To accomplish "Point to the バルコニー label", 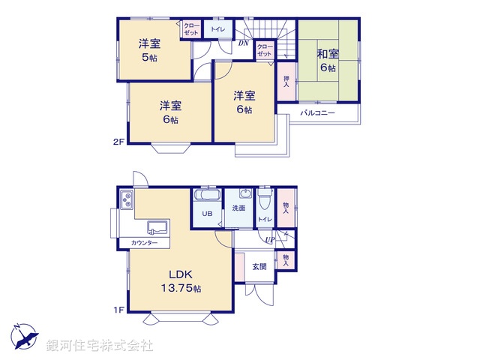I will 317,113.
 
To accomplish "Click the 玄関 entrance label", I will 259,267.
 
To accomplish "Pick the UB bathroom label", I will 205,213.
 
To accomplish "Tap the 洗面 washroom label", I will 238,208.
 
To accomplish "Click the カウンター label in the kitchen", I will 144,243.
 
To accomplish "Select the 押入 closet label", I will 286,82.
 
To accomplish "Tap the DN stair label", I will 243,43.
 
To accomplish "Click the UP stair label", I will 269,240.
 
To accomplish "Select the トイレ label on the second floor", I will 217,30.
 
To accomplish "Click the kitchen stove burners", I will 125,200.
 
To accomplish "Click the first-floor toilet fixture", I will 263,201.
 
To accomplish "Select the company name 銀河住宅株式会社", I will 100,345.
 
